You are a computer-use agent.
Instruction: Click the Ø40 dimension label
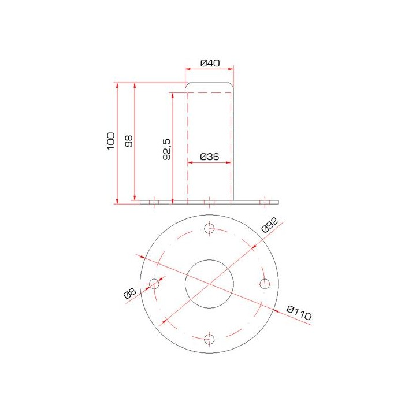[x=209, y=62]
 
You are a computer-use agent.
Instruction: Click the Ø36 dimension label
[x=209, y=157]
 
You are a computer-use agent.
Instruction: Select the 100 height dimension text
[x=111, y=141]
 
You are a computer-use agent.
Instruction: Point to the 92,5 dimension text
[x=166, y=148]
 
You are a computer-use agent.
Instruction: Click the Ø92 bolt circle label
[x=270, y=225]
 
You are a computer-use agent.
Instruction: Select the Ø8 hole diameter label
[x=130, y=294]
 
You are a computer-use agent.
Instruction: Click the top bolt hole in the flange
[x=210, y=229]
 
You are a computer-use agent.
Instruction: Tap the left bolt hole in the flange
[x=155, y=284]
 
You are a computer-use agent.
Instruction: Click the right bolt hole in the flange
[x=265, y=284]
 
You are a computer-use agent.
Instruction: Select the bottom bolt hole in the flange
[x=210, y=339]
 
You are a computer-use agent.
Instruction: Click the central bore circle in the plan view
[x=210, y=284]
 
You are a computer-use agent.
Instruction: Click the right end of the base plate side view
[x=277, y=202]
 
